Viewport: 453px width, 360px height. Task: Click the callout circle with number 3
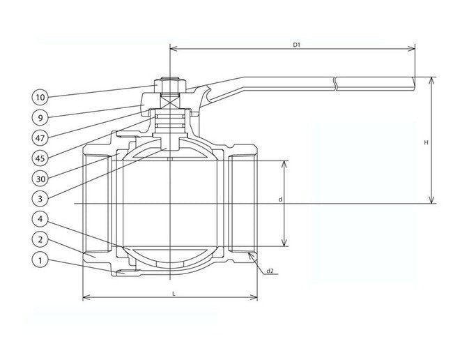point(40,198)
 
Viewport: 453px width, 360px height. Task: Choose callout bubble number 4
point(40,219)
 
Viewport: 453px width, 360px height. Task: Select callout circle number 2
point(40,239)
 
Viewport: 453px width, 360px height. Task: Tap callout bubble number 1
point(40,260)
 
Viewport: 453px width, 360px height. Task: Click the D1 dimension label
point(295,45)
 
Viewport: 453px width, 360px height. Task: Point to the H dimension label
point(426,142)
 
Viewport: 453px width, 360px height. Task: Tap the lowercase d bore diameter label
point(279,200)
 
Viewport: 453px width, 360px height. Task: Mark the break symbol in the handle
point(335,83)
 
